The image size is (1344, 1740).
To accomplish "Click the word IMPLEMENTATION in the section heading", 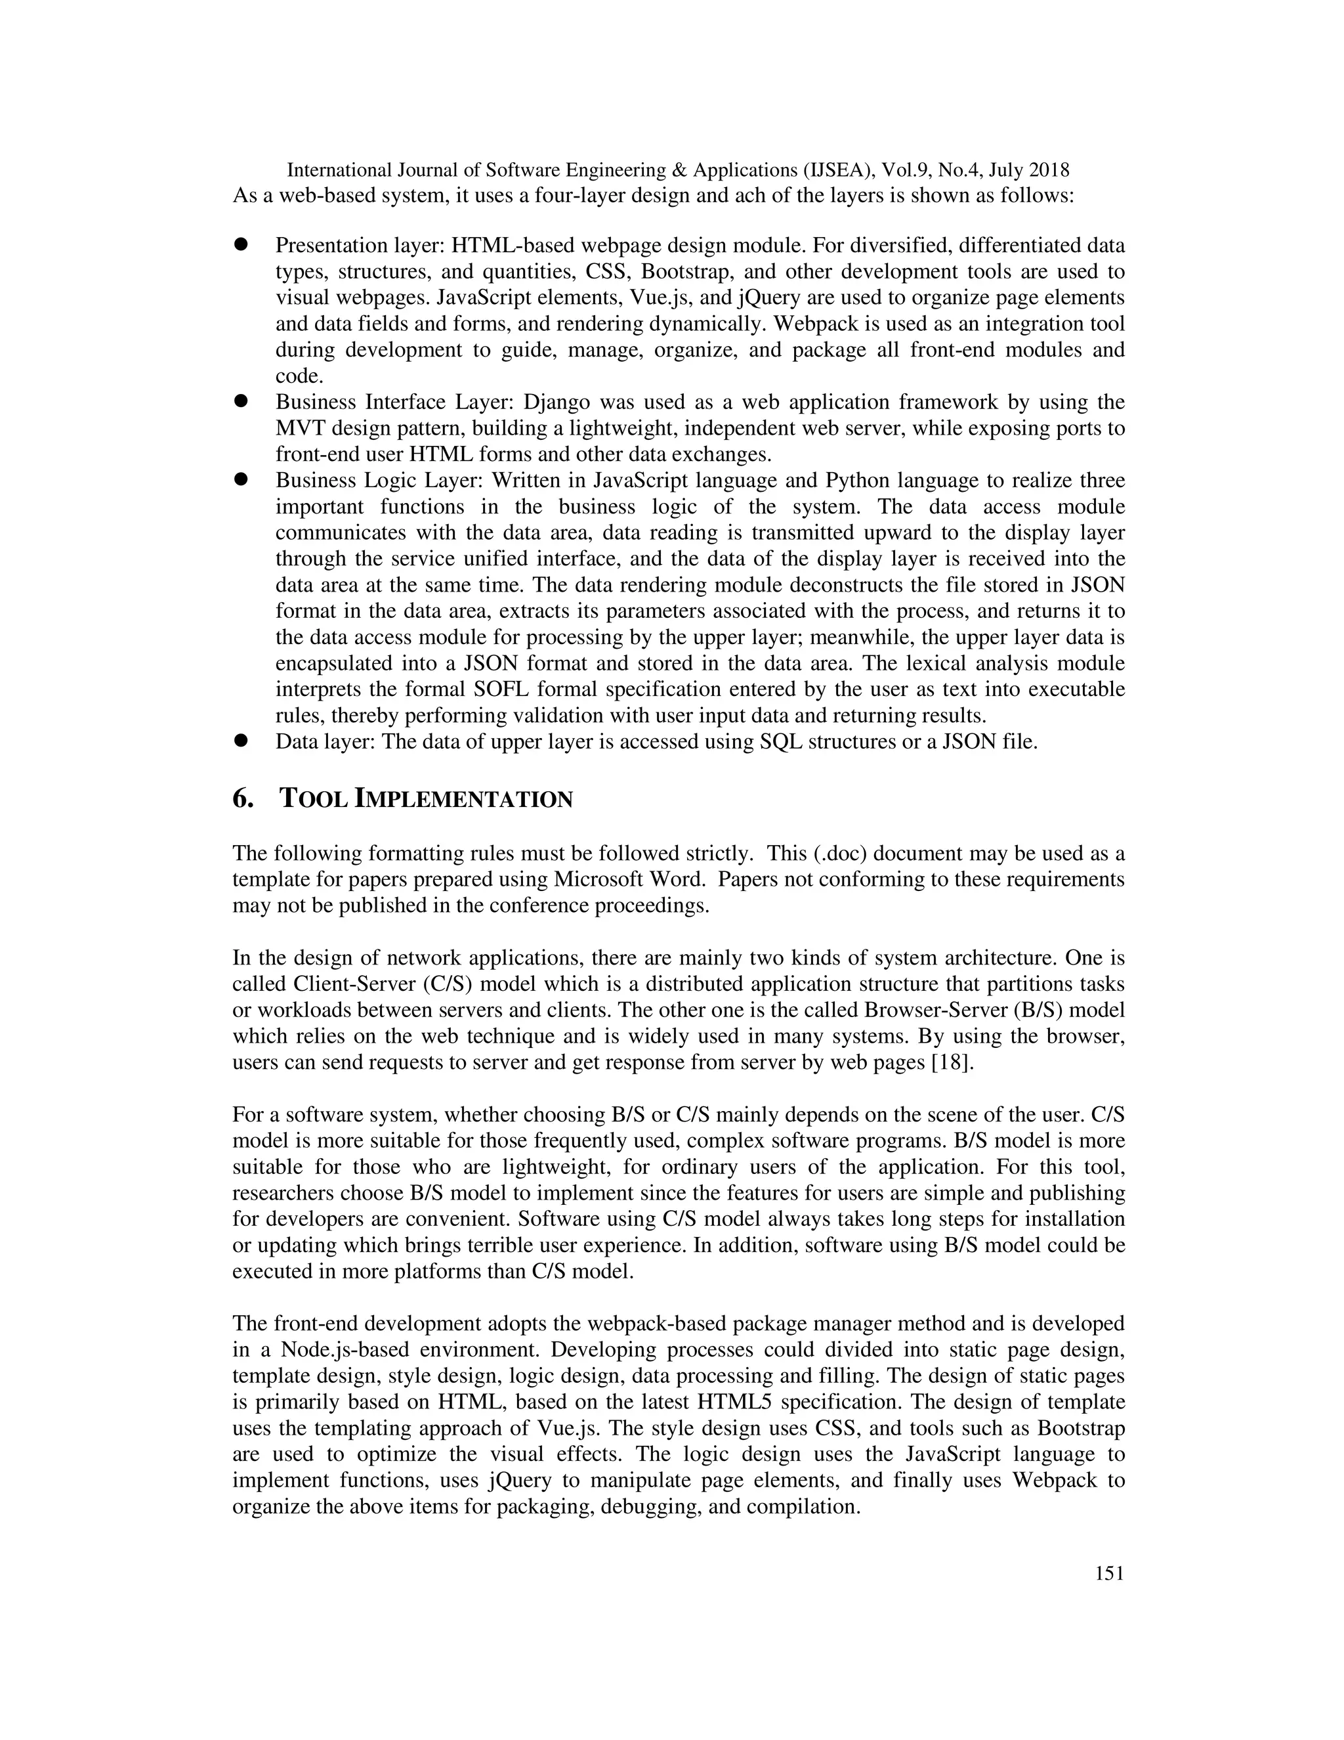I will [463, 799].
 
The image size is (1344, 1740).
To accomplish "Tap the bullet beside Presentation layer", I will [241, 245].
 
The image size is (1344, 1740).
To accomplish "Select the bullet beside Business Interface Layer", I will [241, 402].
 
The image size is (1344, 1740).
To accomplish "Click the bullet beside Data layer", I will [241, 741].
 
